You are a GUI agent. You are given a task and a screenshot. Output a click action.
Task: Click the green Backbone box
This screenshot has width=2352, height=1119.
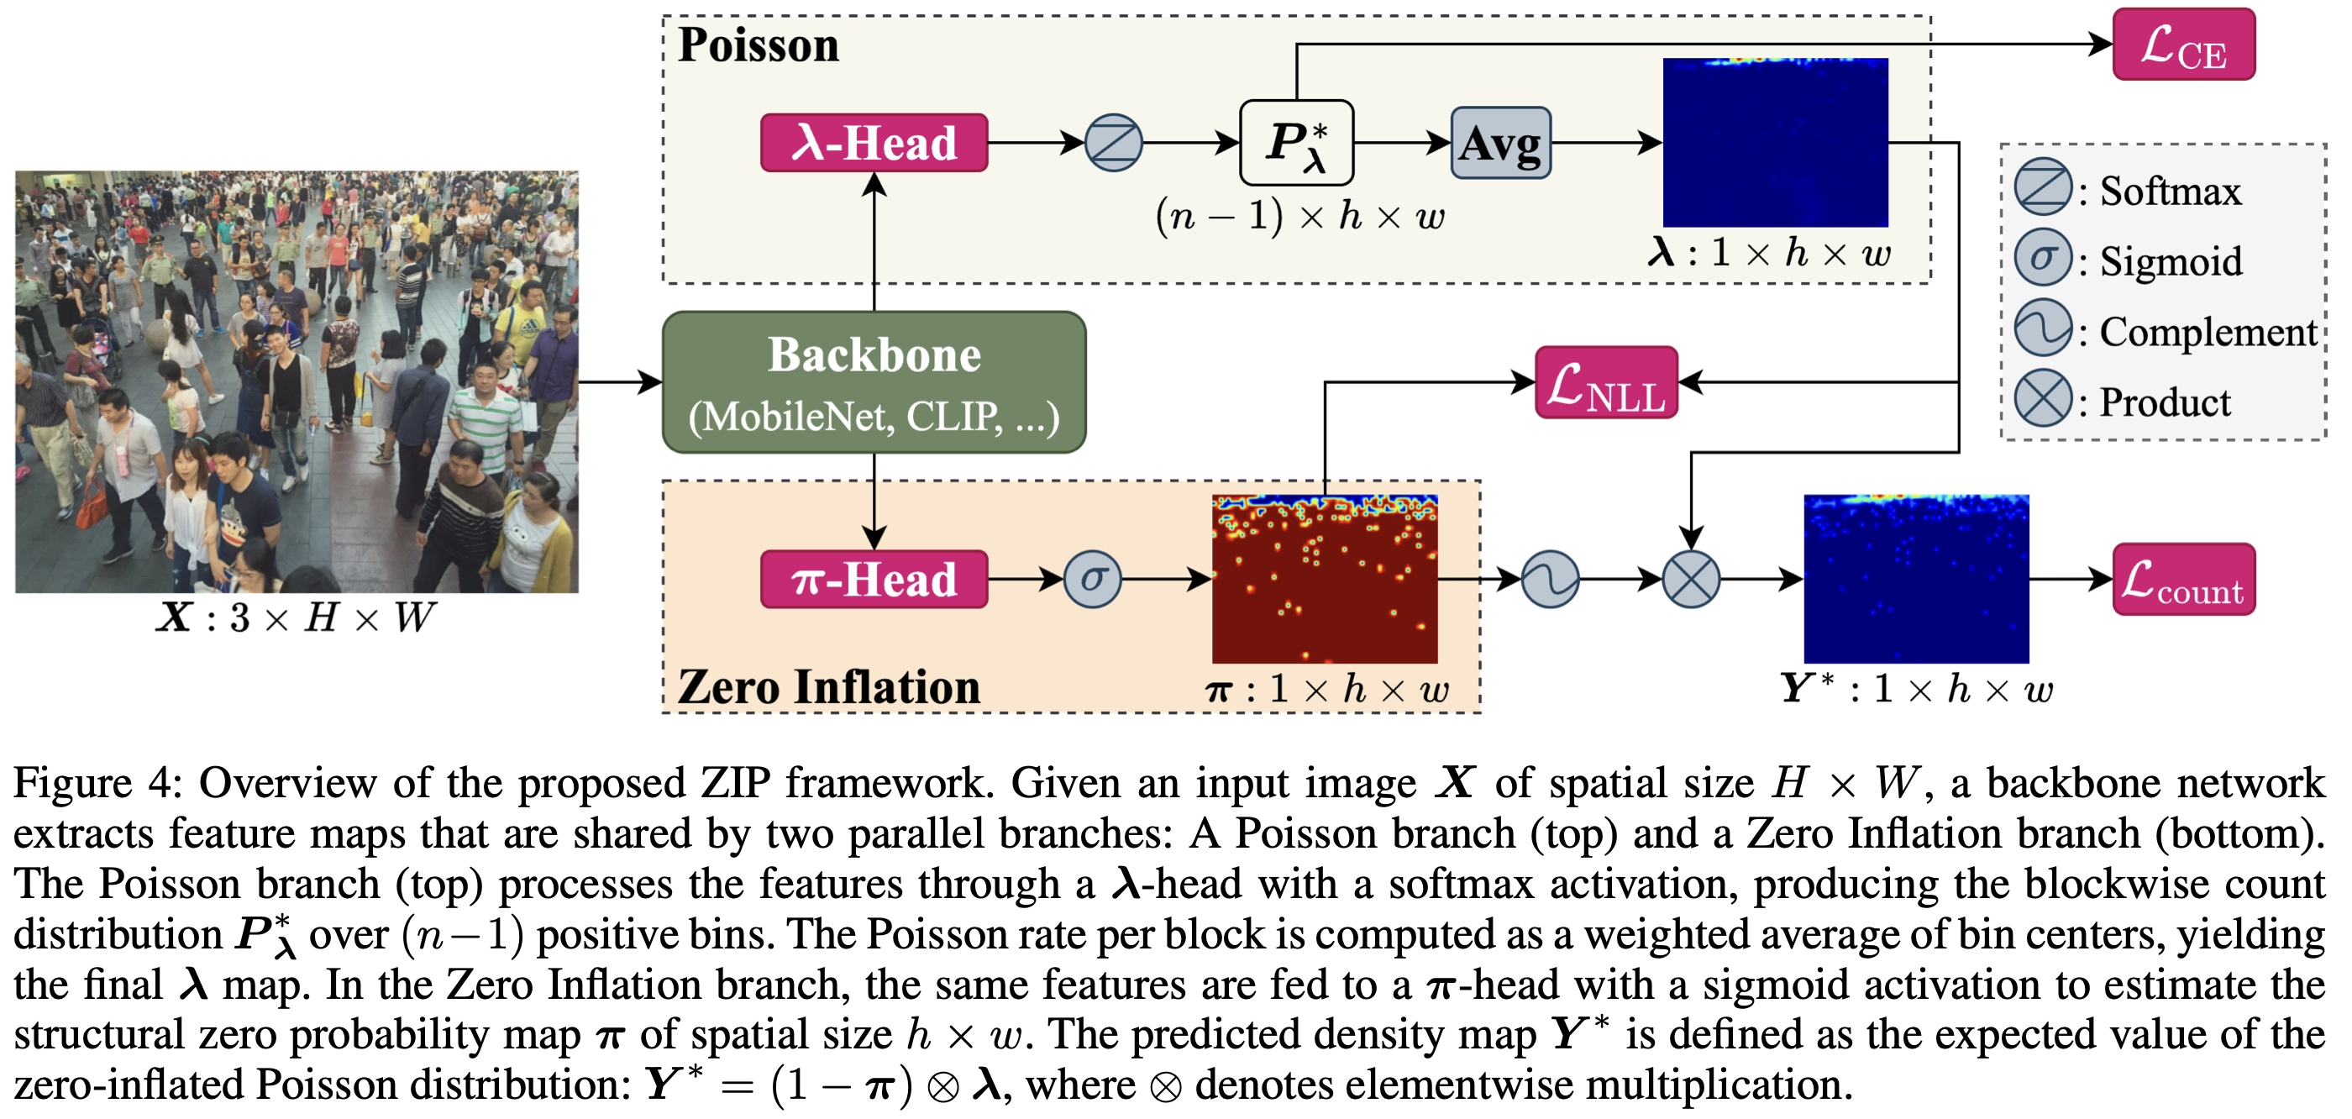coord(874,382)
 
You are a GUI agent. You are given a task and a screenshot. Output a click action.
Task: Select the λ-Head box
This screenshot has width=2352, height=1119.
coord(874,143)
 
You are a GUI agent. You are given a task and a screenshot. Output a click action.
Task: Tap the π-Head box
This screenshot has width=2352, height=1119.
coord(874,579)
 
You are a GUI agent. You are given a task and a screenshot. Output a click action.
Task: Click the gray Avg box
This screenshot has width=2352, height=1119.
coord(1501,143)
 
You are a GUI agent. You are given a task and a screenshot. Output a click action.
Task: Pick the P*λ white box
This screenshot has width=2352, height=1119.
coord(1296,143)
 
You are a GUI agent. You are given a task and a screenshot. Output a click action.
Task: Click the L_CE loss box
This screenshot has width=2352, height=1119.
coord(2184,45)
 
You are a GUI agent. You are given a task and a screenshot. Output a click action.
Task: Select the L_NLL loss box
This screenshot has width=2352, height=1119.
coord(1607,382)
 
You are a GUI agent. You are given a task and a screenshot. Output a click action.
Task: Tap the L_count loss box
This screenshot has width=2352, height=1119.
coord(2184,579)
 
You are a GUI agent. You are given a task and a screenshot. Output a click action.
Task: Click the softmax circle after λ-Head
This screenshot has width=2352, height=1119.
coord(1114,143)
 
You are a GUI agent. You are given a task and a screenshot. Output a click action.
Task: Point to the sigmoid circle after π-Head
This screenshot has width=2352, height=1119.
coord(1093,579)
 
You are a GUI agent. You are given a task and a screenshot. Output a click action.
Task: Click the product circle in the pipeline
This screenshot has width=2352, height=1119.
coord(1691,579)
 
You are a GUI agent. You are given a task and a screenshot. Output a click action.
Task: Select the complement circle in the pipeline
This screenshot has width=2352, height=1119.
coord(1551,579)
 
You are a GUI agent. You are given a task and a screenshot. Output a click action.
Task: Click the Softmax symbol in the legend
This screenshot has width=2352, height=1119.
coord(2044,187)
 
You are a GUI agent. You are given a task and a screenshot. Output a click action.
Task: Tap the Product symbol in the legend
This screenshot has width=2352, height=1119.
coord(2044,398)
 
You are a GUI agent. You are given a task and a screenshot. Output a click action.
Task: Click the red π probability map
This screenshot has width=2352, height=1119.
coord(1325,579)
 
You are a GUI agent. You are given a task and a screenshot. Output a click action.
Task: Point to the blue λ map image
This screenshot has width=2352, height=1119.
coord(1776,143)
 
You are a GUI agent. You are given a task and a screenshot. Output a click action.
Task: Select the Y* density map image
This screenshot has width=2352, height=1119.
coord(1917,579)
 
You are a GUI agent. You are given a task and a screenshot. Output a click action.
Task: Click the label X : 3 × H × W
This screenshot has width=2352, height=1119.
coord(296,618)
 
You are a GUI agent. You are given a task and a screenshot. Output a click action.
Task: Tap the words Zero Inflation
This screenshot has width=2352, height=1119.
coord(829,687)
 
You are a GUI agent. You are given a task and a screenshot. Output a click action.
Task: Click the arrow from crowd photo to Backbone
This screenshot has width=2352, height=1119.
coord(621,382)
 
